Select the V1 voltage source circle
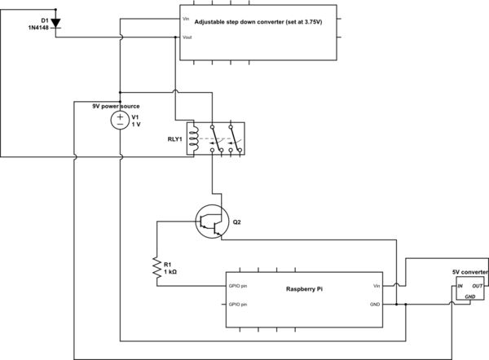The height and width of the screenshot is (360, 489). tap(119, 121)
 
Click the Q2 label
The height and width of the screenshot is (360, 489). tap(237, 222)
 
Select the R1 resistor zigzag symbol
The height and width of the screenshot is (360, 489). tap(155, 270)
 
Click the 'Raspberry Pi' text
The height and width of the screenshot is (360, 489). tap(306, 289)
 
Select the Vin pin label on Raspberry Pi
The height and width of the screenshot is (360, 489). tap(376, 286)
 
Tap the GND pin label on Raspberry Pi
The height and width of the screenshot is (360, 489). tap(374, 305)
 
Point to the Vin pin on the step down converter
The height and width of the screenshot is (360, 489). tap(187, 16)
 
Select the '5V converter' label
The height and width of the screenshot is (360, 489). tap(470, 272)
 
